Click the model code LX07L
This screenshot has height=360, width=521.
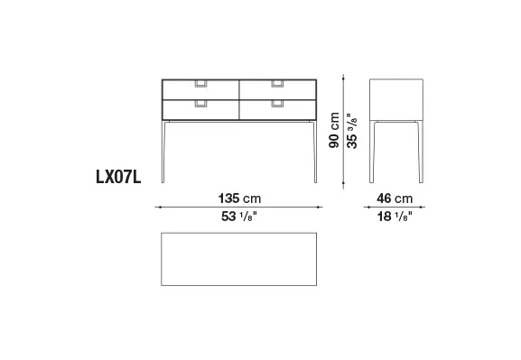(x=118, y=177)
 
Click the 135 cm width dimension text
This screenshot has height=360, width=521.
(x=239, y=198)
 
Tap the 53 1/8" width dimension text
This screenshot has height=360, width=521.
(x=239, y=217)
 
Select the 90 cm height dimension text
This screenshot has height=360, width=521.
(x=334, y=130)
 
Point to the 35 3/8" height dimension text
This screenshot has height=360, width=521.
(x=352, y=131)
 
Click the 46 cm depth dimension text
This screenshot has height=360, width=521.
(x=395, y=198)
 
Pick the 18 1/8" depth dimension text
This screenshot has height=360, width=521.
(x=395, y=217)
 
